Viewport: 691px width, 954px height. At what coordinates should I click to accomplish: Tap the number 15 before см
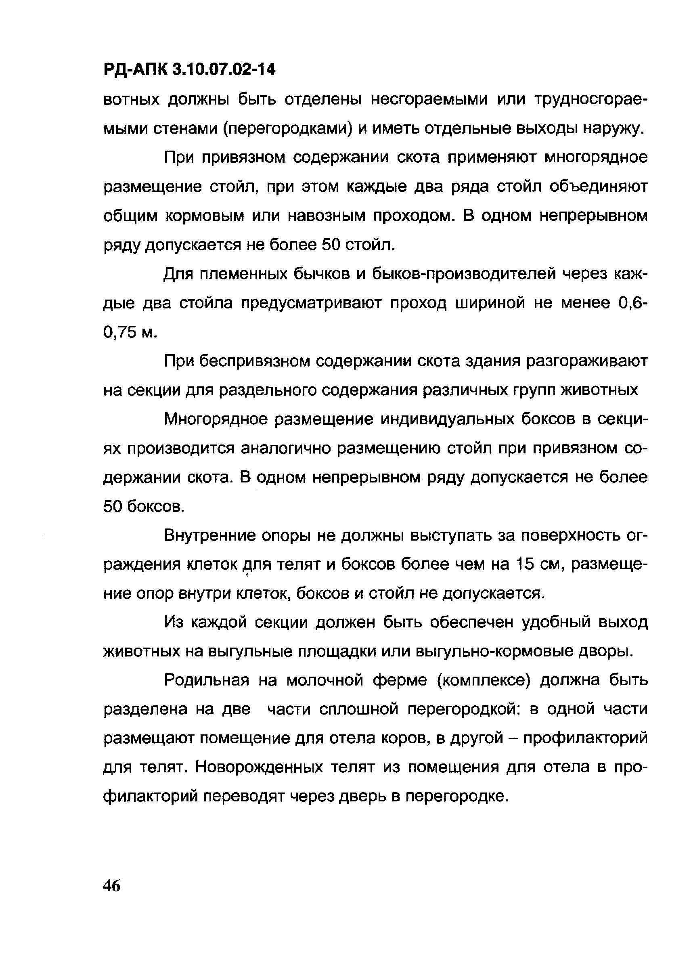(521, 564)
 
